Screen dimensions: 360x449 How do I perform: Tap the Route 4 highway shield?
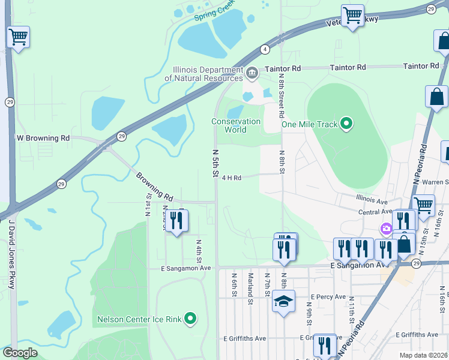(264, 49)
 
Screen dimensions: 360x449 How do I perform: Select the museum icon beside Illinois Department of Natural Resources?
(252, 74)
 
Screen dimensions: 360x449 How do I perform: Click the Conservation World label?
(236, 125)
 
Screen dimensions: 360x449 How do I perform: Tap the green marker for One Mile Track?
(346, 124)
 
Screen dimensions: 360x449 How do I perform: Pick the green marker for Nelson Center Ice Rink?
(190, 318)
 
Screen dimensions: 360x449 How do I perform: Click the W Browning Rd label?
(43, 138)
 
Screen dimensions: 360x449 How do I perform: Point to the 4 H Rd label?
(231, 178)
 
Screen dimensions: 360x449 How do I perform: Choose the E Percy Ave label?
(328, 297)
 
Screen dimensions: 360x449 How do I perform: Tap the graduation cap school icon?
(283, 301)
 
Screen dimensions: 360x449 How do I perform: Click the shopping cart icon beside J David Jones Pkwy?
(18, 37)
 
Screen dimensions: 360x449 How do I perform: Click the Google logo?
(20, 353)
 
